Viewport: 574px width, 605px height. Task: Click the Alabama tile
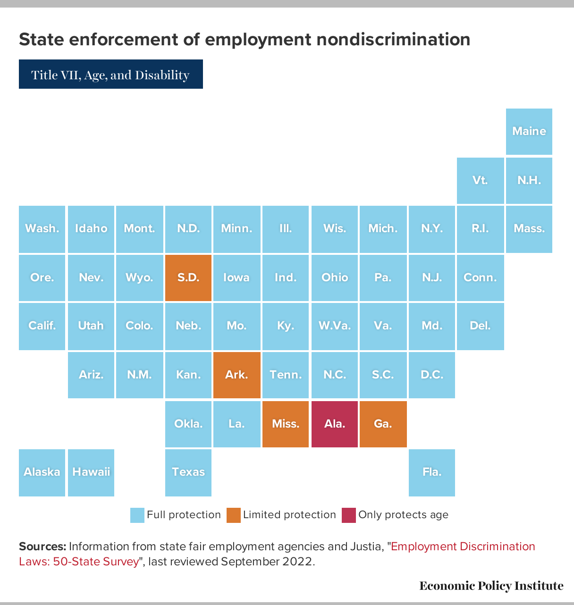click(x=334, y=424)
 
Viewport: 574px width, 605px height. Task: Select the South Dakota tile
click(x=188, y=277)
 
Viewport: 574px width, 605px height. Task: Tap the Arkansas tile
click(x=236, y=375)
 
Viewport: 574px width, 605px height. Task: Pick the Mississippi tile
click(x=286, y=424)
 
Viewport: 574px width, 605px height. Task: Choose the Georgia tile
click(x=383, y=424)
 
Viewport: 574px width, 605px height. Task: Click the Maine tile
click(x=529, y=131)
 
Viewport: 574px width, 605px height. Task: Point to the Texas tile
click(x=188, y=472)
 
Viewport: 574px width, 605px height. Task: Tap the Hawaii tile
click(x=91, y=472)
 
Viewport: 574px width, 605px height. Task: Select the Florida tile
click(x=431, y=472)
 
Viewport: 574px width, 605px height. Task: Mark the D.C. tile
click(x=431, y=375)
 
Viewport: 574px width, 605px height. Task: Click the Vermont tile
click(x=480, y=180)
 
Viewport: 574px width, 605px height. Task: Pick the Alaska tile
click(x=42, y=472)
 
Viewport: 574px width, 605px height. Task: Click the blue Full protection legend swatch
click(x=137, y=515)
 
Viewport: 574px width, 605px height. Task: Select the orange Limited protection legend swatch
click(x=233, y=515)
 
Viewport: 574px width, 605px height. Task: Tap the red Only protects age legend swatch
click(x=348, y=515)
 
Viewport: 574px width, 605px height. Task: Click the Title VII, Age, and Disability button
click(x=110, y=75)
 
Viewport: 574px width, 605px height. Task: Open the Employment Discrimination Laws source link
click(x=463, y=546)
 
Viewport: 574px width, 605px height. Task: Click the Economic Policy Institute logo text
click(x=491, y=586)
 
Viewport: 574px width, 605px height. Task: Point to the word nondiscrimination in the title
click(x=393, y=39)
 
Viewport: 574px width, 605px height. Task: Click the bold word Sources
click(x=42, y=546)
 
